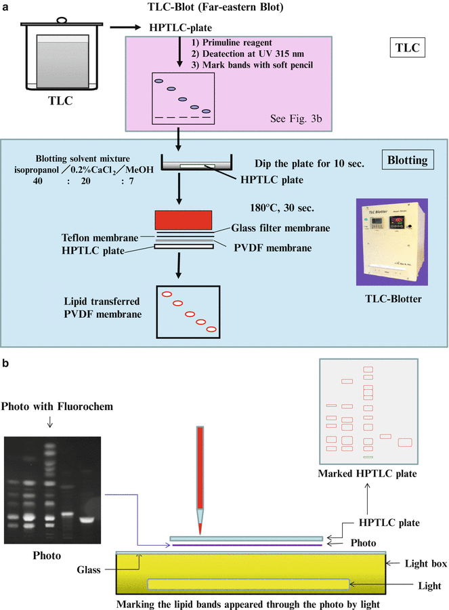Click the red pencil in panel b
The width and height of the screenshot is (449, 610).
click(200, 468)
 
